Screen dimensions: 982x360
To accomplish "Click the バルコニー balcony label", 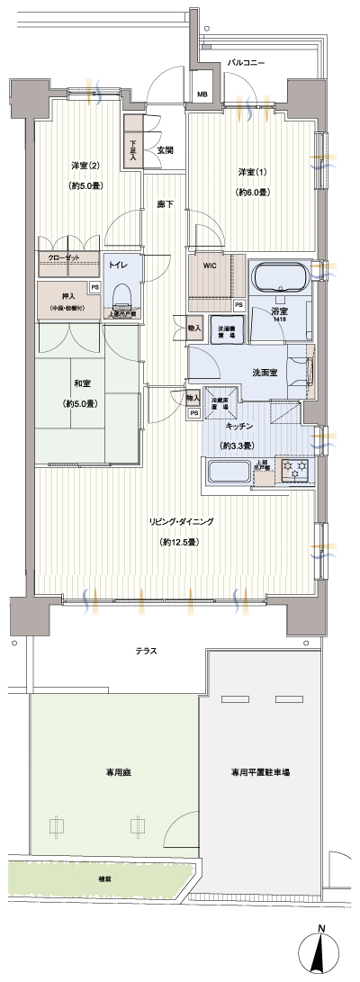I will coord(246,63).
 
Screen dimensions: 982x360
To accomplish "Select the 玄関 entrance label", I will coord(165,150).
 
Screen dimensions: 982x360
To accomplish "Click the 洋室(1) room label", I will coord(251,172).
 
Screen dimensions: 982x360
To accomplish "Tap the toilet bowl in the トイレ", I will coord(123,294).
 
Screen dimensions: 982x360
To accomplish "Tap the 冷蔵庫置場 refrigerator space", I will coord(220,405).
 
